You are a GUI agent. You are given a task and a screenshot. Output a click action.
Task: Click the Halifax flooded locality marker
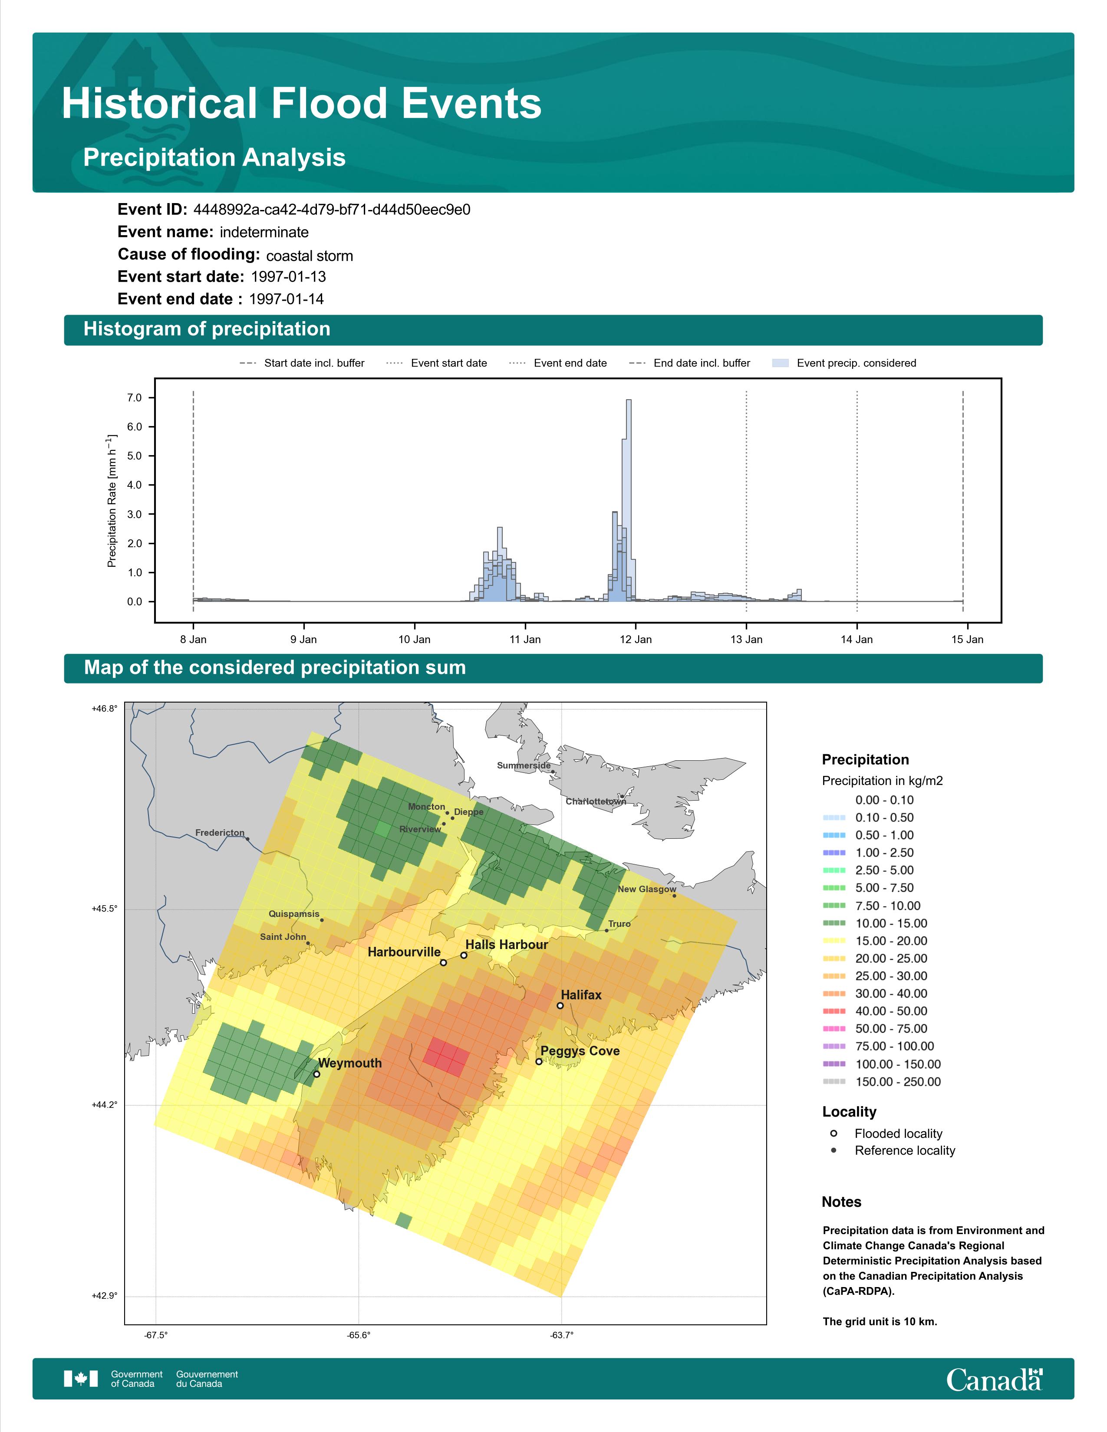point(560,1005)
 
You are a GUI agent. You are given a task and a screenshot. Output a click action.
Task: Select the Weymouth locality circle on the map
point(317,1074)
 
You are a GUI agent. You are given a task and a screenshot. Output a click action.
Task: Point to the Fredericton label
point(220,833)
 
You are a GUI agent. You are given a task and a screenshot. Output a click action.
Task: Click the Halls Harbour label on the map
point(506,944)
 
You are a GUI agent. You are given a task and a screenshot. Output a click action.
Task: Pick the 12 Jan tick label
point(636,639)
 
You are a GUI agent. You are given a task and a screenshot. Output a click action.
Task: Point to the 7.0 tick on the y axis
point(135,397)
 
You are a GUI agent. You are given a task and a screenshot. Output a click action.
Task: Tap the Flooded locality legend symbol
point(834,1133)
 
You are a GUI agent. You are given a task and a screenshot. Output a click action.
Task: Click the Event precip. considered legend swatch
point(781,363)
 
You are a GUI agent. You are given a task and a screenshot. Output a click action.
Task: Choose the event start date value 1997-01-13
point(289,277)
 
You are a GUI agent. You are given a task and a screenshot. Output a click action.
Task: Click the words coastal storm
point(310,256)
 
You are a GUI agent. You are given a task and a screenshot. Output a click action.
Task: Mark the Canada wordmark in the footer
point(994,1379)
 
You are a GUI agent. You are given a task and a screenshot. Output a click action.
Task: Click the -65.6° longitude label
point(359,1335)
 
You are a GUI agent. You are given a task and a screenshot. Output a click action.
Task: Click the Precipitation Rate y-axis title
point(112,500)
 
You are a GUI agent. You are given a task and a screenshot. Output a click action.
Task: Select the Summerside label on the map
point(524,765)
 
